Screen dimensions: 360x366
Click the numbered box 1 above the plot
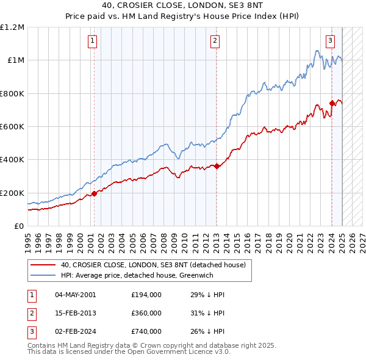(92, 41)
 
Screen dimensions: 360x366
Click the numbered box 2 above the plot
(215, 41)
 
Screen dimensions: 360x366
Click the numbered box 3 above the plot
(330, 41)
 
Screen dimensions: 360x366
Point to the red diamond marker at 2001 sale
(94, 194)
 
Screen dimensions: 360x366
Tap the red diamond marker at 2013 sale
(217, 166)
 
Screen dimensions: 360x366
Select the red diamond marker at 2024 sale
(332, 103)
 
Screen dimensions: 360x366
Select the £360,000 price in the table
(146, 313)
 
